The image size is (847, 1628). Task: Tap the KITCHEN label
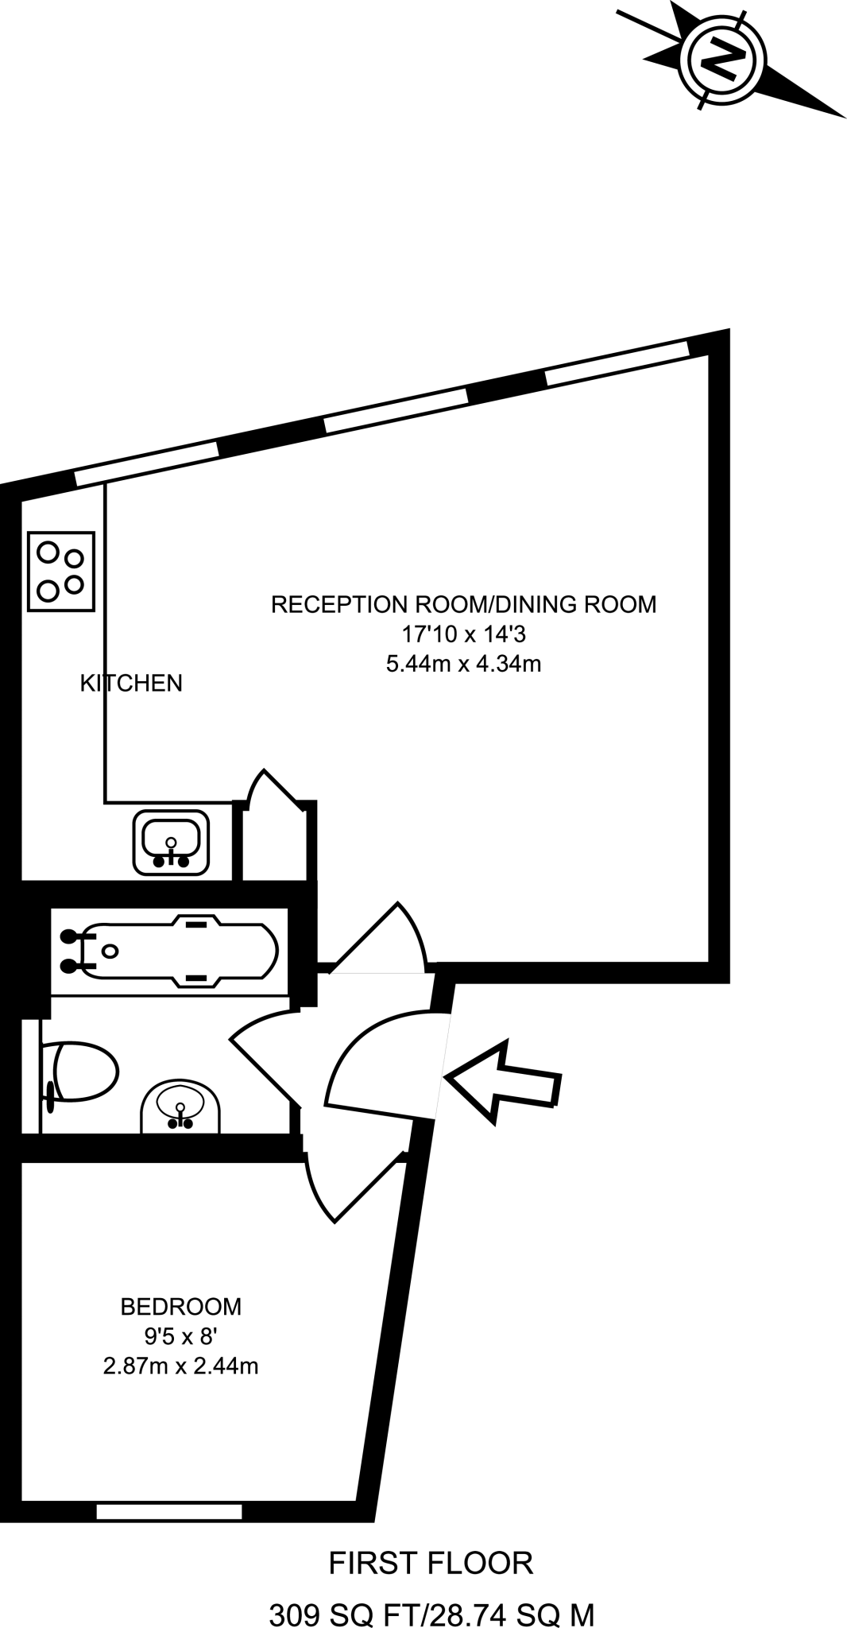pyautogui.click(x=131, y=683)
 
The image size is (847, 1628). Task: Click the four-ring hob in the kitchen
pyautogui.click(x=61, y=572)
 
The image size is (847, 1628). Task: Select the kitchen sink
pyautogui.click(x=171, y=841)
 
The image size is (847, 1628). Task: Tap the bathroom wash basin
pyautogui.click(x=181, y=1106)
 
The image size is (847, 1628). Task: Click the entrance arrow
pyautogui.click(x=504, y=1081)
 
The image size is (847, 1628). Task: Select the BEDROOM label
pyautogui.click(x=181, y=1306)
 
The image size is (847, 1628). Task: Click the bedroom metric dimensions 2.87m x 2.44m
pyautogui.click(x=181, y=1366)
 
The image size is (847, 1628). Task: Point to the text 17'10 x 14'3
pyautogui.click(x=463, y=634)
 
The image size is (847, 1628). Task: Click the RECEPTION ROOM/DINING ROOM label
pyautogui.click(x=464, y=604)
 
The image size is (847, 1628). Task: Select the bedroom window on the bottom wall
pyautogui.click(x=169, y=1511)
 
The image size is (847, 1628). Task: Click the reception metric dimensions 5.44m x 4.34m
pyautogui.click(x=463, y=663)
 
